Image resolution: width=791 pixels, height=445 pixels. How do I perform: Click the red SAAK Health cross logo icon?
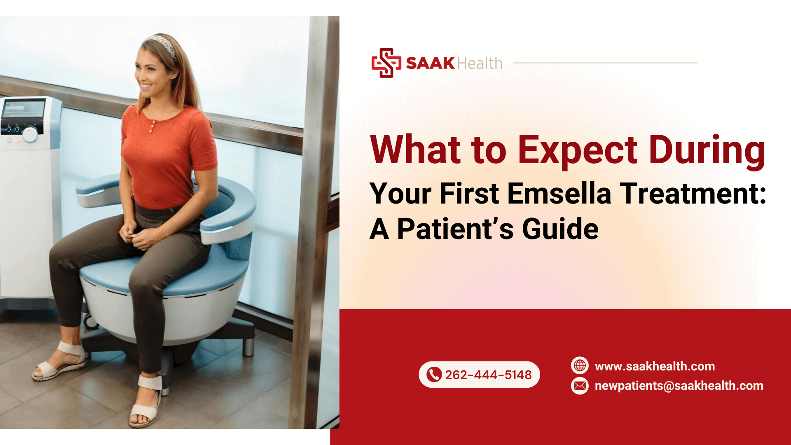pos(386,63)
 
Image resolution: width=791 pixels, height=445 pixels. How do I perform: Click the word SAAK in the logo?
pos(430,63)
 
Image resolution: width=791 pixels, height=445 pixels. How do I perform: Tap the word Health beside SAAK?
pos(480,63)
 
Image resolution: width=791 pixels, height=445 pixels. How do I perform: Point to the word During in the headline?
pos(707,151)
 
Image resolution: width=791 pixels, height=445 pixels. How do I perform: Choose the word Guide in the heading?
pos(560,229)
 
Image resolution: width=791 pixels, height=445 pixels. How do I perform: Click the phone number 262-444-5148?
pos(488,375)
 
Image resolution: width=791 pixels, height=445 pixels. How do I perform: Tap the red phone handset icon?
pos(434,375)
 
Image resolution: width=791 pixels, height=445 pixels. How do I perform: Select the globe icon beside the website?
pos(580,365)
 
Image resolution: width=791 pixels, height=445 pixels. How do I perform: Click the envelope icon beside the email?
pos(580,386)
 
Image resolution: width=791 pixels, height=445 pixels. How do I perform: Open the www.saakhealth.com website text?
pos(655,366)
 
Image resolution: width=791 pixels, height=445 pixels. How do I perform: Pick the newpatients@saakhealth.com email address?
pos(679,386)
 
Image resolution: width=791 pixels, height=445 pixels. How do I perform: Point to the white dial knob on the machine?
pos(30,134)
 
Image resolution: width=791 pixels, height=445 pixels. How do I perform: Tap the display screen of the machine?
pos(23,110)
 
